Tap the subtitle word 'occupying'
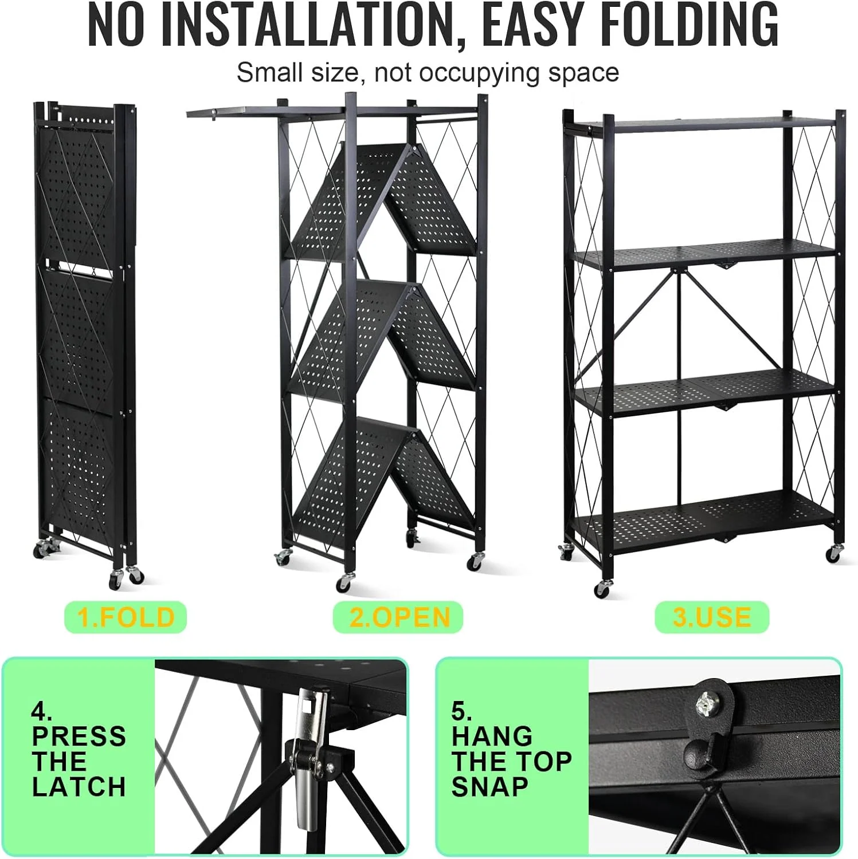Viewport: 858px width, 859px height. tap(480, 73)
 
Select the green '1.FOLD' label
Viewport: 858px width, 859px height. tap(126, 617)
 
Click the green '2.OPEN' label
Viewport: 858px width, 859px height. tap(398, 617)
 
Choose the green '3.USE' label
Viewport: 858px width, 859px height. tap(712, 617)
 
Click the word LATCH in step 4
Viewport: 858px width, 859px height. tap(79, 787)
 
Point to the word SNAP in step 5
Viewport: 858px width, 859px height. tap(490, 787)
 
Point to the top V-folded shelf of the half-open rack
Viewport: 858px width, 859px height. tap(383, 199)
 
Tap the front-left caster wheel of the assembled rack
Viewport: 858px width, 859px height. tap(601, 589)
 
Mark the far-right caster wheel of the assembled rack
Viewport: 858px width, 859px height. tap(834, 553)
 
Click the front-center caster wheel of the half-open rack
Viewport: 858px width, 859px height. tap(344, 582)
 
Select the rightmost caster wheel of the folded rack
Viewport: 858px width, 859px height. tap(135, 575)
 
